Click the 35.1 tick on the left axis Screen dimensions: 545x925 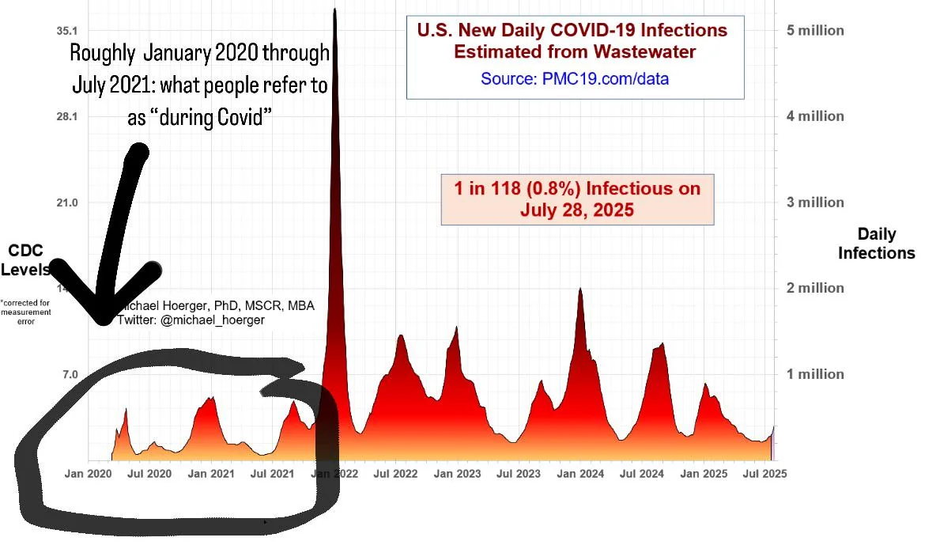65,30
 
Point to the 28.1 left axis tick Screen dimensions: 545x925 65,116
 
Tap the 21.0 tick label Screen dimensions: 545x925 65,202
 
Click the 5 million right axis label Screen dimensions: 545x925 814,31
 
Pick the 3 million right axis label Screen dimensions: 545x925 814,202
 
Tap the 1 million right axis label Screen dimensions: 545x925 814,374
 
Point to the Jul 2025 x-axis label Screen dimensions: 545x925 764,474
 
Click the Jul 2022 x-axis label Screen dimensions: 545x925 395,474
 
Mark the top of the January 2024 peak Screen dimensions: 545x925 580,289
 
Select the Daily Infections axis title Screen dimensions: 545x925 877,244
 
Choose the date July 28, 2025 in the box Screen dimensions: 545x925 577,211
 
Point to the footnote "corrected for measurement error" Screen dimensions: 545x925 26,312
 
